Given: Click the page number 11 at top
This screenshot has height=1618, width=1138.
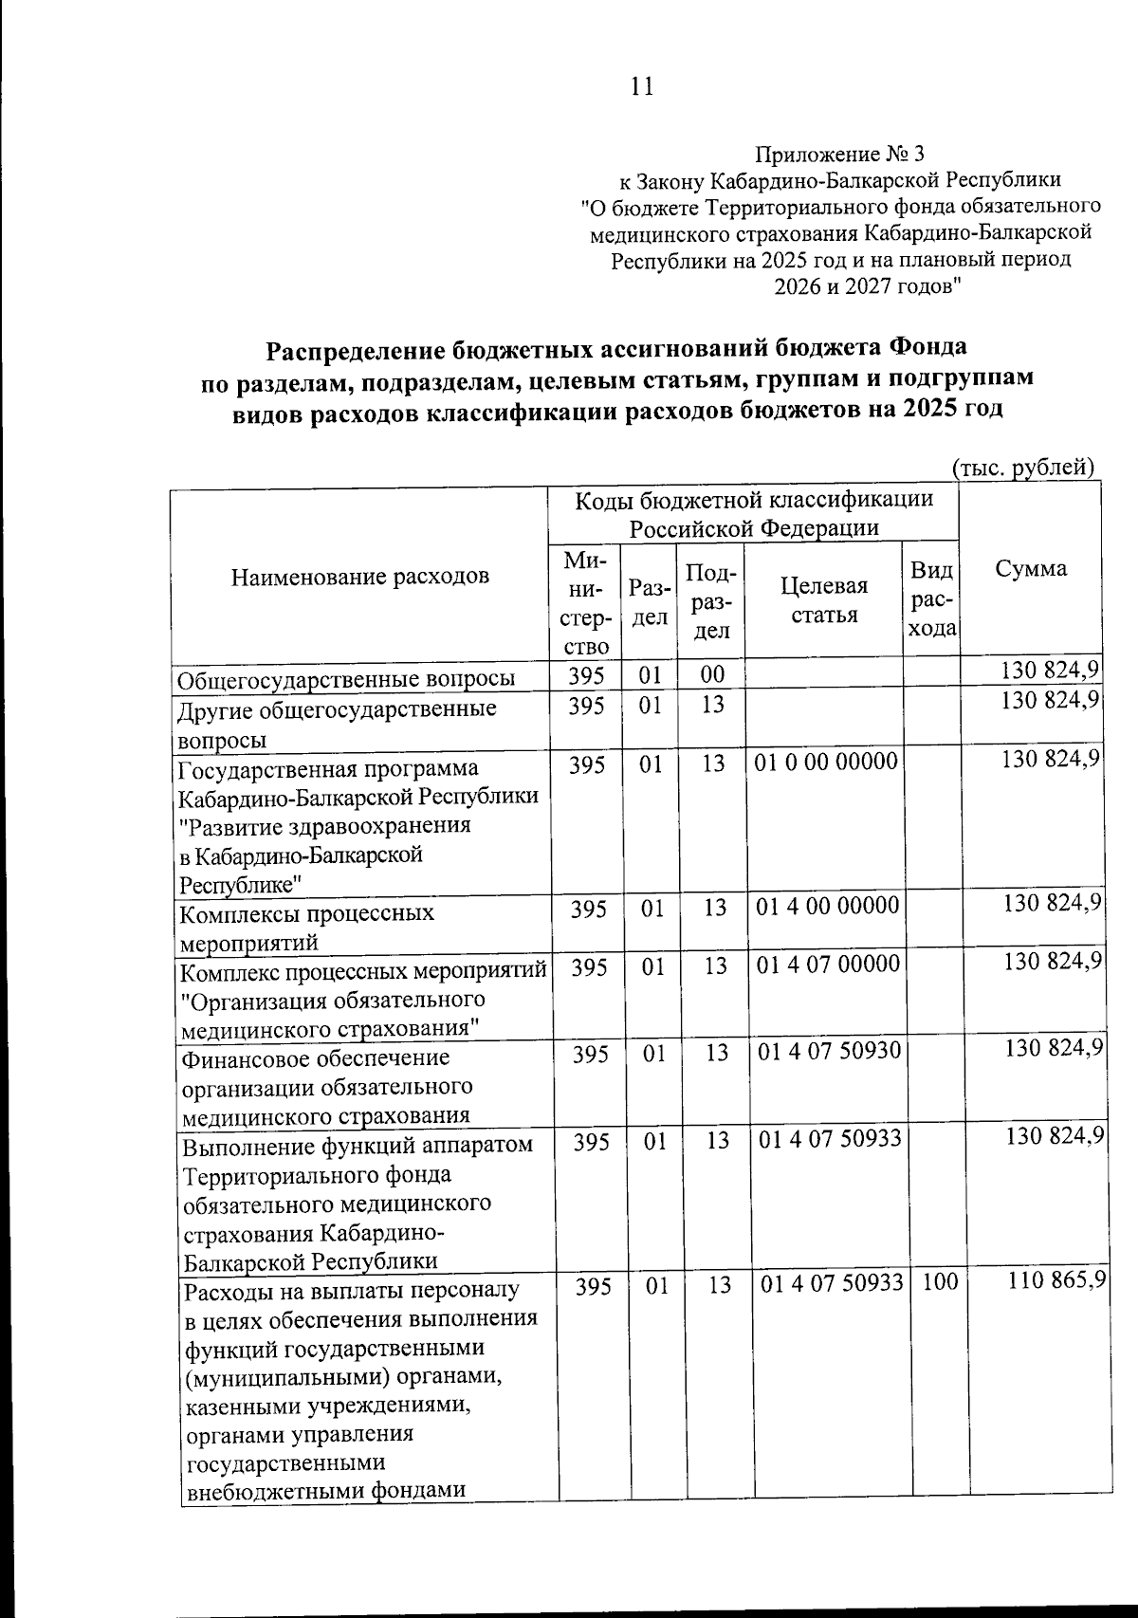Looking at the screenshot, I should pos(640,87).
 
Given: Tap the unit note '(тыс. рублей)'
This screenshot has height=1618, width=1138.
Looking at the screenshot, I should pos(1023,467).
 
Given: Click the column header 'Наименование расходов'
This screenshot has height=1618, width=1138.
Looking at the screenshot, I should pos(360,576).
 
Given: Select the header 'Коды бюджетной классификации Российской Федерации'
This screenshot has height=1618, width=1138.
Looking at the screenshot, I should pos(755,512).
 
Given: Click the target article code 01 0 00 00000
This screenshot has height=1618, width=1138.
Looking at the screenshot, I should pos(826,763).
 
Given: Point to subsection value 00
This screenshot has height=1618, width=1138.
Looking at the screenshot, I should pos(712,674).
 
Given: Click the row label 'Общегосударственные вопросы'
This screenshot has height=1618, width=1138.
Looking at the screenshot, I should pos(347,678).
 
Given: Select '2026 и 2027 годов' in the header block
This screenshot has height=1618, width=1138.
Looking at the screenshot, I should pos(868,285).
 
